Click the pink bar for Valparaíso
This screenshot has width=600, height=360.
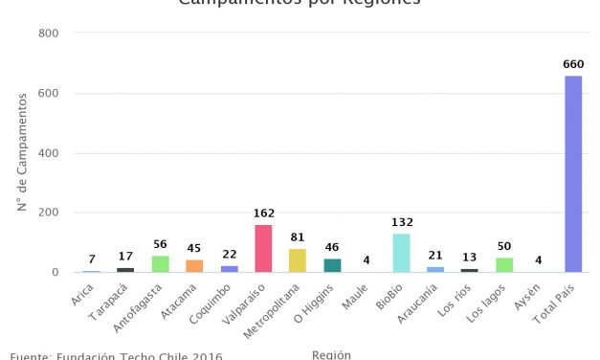click(x=263, y=248)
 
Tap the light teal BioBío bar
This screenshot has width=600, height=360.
click(x=401, y=253)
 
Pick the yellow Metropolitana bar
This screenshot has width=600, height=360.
click(x=298, y=260)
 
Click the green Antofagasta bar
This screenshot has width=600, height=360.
click(x=160, y=264)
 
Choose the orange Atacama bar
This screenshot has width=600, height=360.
click(x=194, y=266)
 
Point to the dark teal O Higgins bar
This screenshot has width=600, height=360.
click(x=332, y=265)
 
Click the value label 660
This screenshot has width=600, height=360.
click(x=573, y=65)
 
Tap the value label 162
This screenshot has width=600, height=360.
click(x=263, y=214)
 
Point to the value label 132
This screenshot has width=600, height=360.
click(x=401, y=222)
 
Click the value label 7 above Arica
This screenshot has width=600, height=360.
click(x=91, y=259)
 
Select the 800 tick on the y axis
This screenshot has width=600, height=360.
click(x=49, y=34)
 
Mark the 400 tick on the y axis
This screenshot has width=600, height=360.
click(x=49, y=153)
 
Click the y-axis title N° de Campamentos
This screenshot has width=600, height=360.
click(x=21, y=153)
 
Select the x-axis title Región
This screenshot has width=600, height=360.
click(x=331, y=354)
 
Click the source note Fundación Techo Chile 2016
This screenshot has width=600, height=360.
click(x=116, y=356)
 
